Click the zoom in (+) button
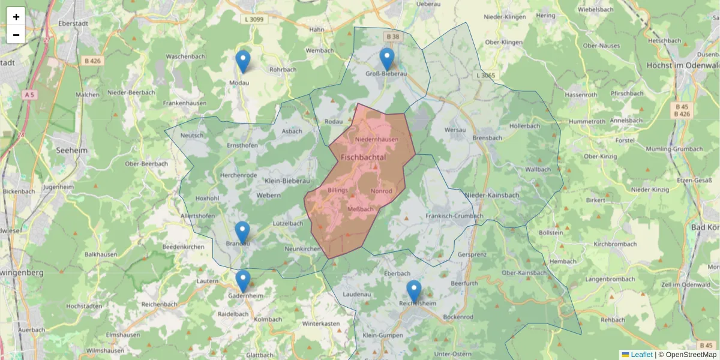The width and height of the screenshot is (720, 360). (x=16, y=17)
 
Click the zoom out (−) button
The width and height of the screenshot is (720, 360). (x=16, y=35)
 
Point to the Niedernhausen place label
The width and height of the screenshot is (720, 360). (x=377, y=140)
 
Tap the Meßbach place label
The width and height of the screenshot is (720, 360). (x=361, y=209)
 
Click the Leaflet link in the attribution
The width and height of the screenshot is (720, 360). (x=641, y=355)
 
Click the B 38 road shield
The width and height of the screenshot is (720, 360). (x=392, y=37)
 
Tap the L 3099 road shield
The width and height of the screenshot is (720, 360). (x=255, y=19)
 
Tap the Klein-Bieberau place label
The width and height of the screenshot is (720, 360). (x=287, y=180)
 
